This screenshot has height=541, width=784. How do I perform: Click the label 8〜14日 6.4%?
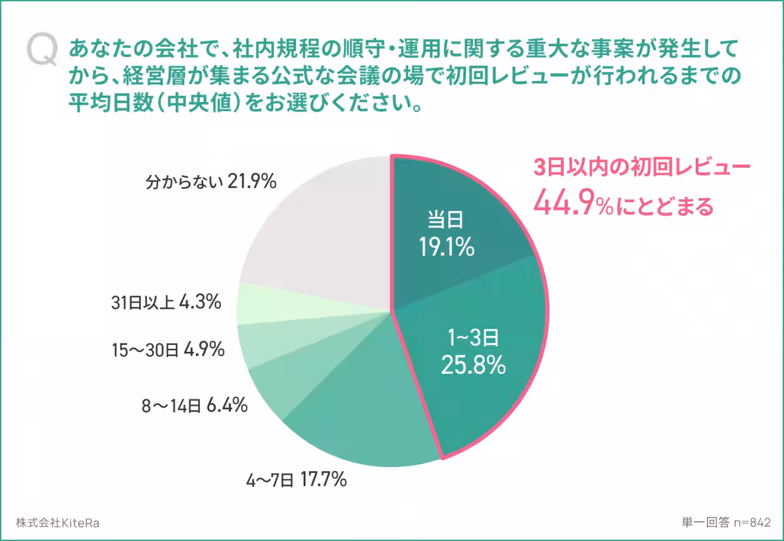click(194, 406)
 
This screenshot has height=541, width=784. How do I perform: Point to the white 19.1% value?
click(447, 247)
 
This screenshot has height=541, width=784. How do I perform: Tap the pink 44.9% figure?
click(572, 205)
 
